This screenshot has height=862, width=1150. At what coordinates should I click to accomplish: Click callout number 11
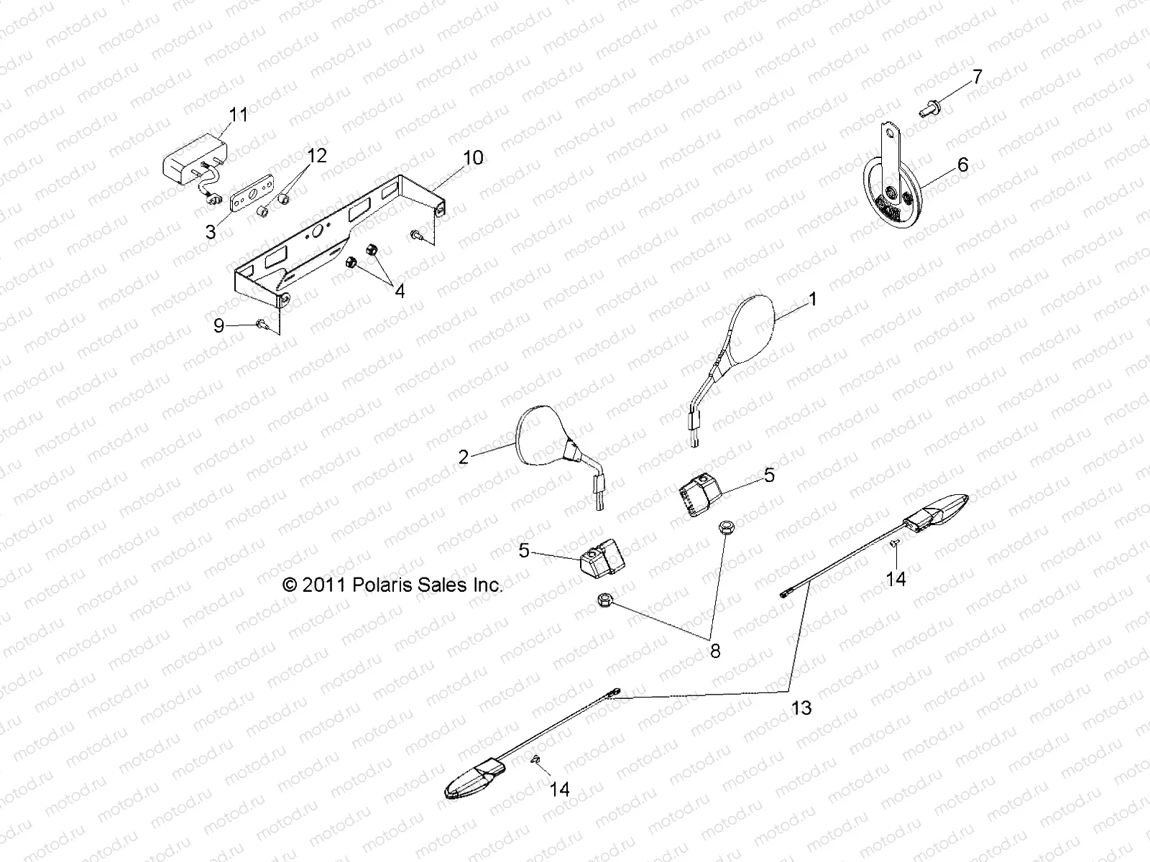(x=238, y=114)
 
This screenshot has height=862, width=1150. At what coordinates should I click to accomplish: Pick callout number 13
(x=801, y=708)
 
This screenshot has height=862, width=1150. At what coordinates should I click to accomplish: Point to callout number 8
(x=714, y=652)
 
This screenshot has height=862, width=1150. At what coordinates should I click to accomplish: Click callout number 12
(x=317, y=156)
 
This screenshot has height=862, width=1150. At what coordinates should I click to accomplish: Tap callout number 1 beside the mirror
(x=813, y=299)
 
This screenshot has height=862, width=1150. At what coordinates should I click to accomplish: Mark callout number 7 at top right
(x=977, y=77)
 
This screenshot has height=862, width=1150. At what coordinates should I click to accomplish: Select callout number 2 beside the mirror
(x=464, y=457)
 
